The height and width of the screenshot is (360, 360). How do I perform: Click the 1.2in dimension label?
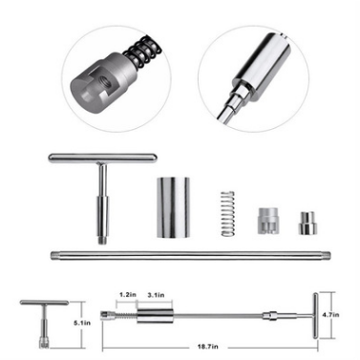tap(128, 295)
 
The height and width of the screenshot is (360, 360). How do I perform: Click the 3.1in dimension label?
tap(156, 295)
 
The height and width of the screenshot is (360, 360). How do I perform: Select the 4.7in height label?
tap(330, 315)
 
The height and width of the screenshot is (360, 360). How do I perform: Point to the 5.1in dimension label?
tap(82, 323)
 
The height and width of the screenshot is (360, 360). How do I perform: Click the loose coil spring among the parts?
tap(228, 214)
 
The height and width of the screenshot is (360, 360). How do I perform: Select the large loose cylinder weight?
tap(173, 207)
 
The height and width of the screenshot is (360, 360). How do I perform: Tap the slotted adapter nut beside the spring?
tap(267, 221)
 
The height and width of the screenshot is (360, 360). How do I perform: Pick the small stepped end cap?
tap(307, 223)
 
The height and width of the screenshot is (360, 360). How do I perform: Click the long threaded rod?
tap(191, 255)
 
